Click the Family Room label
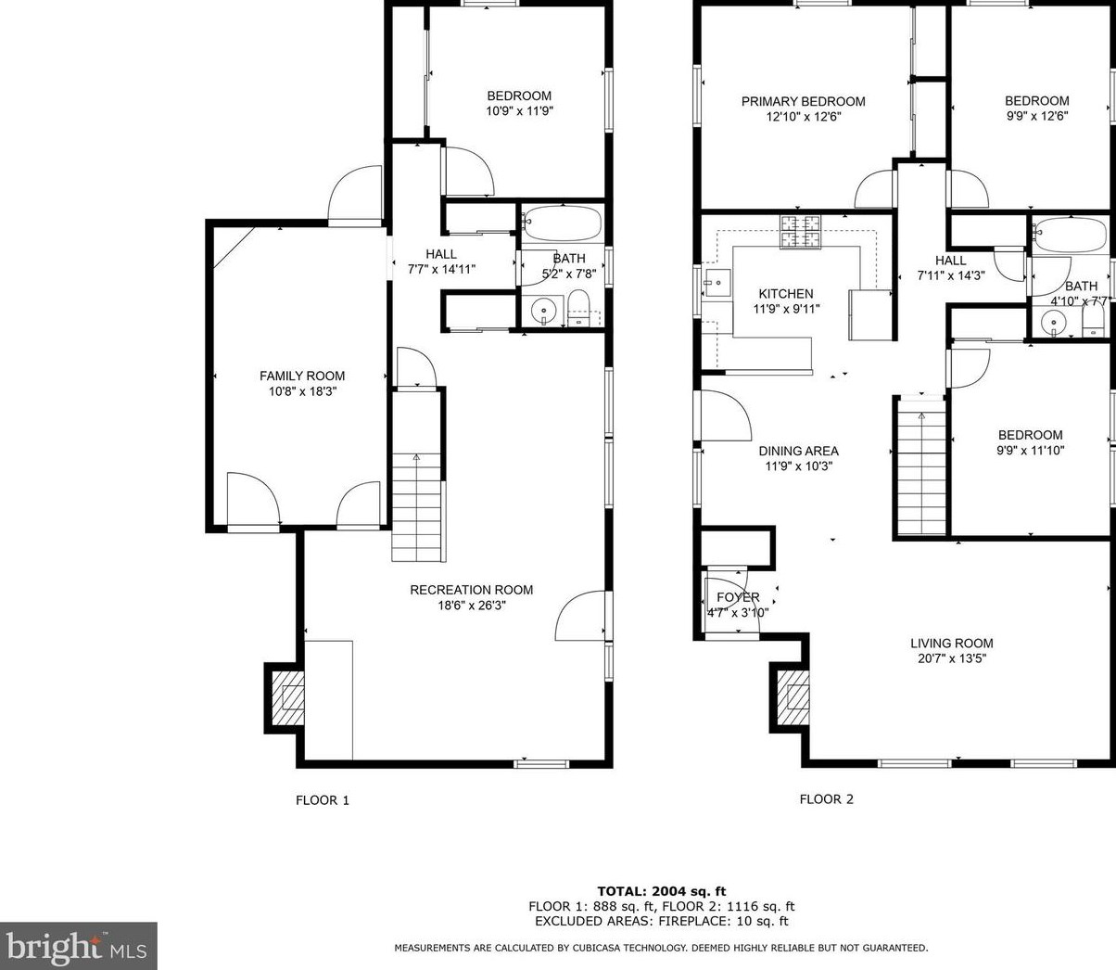point(302,376)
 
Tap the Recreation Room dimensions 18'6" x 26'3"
point(472,605)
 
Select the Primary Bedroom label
point(803,101)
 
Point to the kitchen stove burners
point(801,232)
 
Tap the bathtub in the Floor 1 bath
point(562,223)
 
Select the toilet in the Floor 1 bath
point(578,308)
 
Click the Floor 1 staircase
point(417,507)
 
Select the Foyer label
point(738,597)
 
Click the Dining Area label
point(799,452)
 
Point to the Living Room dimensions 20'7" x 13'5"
point(952,658)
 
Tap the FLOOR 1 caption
point(323,800)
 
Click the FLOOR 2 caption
point(827,799)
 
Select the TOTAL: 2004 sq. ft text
point(662,891)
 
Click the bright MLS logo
point(79,947)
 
